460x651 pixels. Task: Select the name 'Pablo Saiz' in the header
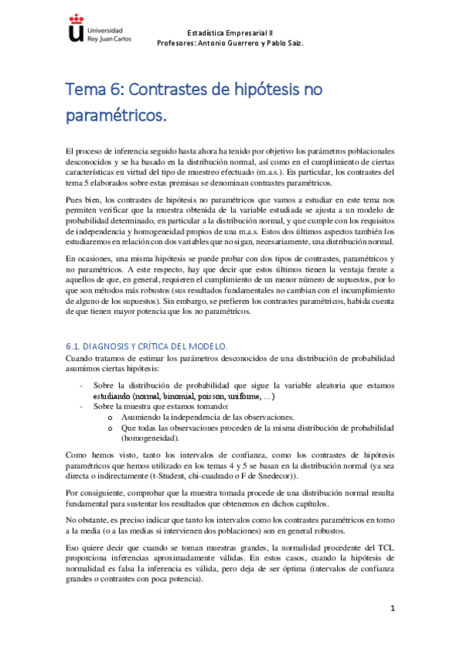(286, 43)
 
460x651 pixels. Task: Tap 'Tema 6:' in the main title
(92, 90)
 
